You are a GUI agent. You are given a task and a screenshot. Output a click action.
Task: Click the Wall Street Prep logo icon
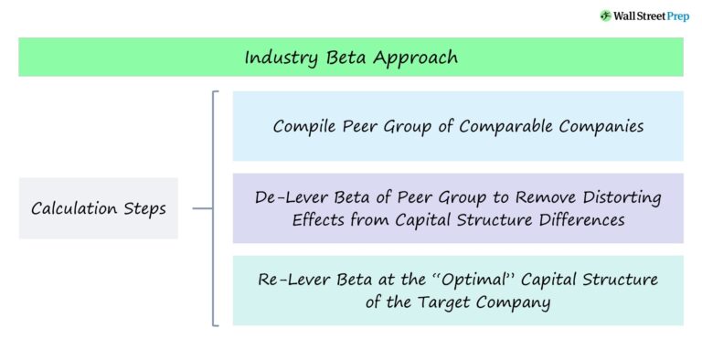pyautogui.click(x=605, y=16)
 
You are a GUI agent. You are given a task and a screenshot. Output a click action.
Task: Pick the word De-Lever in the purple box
pyautogui.click(x=289, y=197)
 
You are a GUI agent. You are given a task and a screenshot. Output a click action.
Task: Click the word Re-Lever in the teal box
pyautogui.click(x=290, y=280)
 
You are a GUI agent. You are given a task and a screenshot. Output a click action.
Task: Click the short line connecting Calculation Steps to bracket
pyautogui.click(x=202, y=208)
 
